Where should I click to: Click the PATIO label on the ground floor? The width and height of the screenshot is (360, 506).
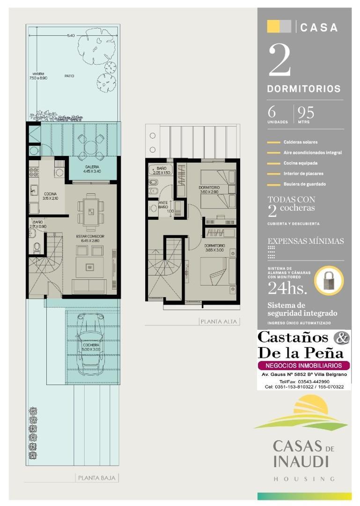tap(69, 76)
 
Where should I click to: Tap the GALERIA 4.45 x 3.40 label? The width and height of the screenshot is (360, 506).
tap(91, 169)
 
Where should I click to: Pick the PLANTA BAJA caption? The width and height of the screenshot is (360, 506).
tap(97, 478)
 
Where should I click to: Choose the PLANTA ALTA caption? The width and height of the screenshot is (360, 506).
tap(220, 321)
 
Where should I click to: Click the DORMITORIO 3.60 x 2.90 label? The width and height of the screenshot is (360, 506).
tap(209, 190)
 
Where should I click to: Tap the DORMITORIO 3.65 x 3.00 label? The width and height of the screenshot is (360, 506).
tap(214, 248)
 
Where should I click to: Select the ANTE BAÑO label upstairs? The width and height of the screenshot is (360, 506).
tap(163, 204)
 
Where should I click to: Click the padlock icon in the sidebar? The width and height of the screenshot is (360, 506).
tap(329, 281)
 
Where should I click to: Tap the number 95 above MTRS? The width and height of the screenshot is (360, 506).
tap(306, 113)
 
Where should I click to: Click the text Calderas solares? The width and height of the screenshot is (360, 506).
tap(300, 142)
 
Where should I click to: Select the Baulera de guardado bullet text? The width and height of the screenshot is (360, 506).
tap(304, 184)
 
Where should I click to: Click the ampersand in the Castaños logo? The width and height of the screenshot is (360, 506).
tap(342, 337)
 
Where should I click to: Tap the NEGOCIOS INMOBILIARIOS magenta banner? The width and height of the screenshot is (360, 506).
tap(303, 365)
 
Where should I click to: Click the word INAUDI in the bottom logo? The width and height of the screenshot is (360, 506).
tap(300, 461)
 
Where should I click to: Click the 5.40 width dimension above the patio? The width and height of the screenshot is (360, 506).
tap(71, 35)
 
